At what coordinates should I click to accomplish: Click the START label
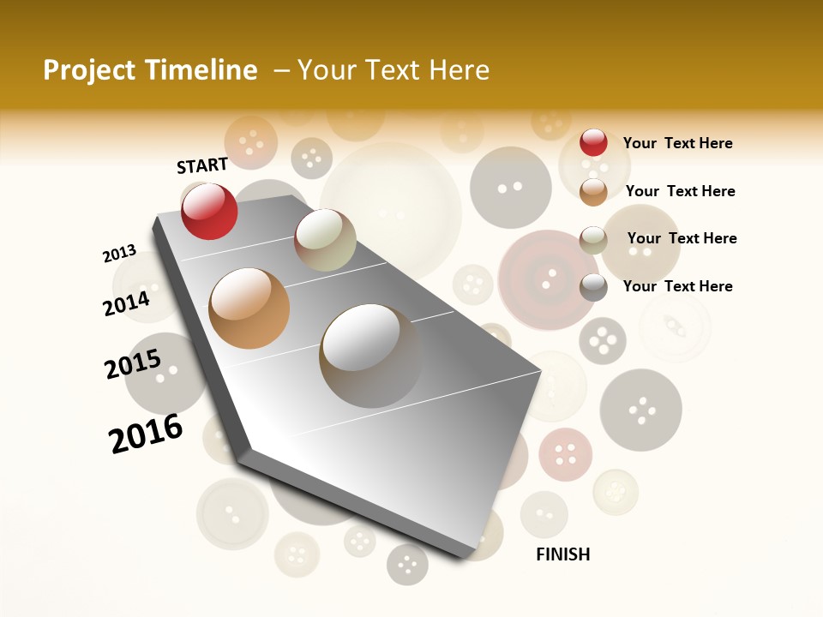coord(202,165)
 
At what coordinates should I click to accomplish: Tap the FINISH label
coord(563,554)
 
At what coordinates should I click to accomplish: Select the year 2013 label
coord(119,254)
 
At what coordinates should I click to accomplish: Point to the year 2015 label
coord(133,364)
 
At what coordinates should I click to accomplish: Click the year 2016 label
coord(146,433)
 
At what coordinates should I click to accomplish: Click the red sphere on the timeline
coord(209,211)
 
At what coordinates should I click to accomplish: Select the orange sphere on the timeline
coord(249,308)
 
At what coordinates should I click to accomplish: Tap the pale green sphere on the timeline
coord(325,240)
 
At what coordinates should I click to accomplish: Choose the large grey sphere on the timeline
coord(370,355)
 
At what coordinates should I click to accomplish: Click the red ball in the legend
coord(593,142)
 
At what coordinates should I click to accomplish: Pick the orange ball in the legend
coord(593,191)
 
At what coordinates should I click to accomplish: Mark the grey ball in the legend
coord(593,287)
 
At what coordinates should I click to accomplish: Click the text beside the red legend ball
coord(677,143)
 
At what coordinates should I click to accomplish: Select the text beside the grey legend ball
coord(677,286)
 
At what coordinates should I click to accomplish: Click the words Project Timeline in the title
coord(150,70)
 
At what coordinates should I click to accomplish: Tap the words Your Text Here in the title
coord(393,70)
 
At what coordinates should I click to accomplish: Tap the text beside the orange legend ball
coord(680,191)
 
